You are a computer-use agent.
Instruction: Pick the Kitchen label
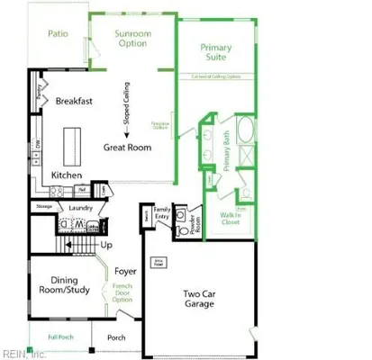[x=68, y=175]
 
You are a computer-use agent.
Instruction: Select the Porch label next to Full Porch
[x=117, y=338]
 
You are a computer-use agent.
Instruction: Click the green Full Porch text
[x=61, y=337]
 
